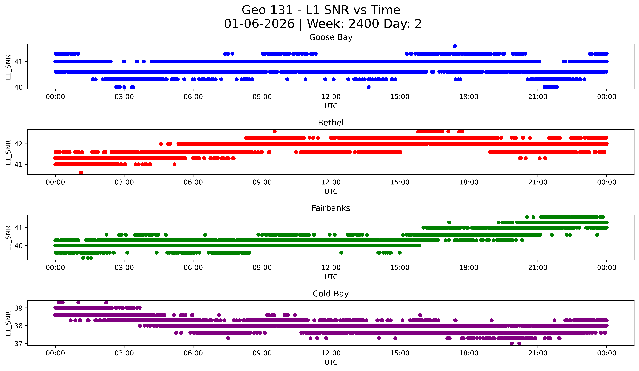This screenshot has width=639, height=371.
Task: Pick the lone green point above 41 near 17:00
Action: click(x=449, y=222)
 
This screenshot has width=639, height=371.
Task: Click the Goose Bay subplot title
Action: click(x=331, y=37)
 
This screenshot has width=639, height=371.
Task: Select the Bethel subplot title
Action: click(x=331, y=123)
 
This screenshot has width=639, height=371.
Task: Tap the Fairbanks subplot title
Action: click(x=331, y=208)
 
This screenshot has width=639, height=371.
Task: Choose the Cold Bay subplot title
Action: click(x=331, y=294)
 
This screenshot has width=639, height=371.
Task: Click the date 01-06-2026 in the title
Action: click(x=259, y=24)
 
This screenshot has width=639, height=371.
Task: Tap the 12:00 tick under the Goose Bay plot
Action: click(x=331, y=97)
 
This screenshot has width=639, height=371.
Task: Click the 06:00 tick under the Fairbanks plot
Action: click(x=193, y=268)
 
